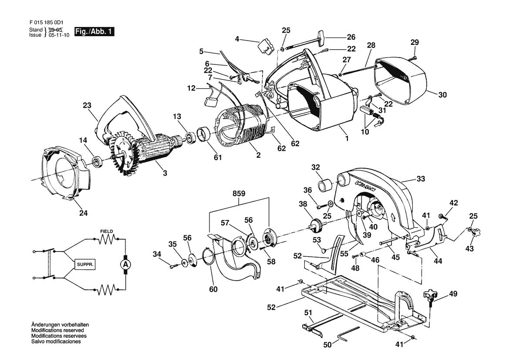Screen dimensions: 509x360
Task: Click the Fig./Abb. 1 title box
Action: point(94,31)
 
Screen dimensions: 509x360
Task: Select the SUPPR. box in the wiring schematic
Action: point(85,265)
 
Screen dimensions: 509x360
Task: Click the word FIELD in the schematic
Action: point(107,231)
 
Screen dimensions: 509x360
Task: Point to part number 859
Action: point(239,194)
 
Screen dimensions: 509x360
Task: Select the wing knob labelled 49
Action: point(430,297)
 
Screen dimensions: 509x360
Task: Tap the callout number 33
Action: point(421,179)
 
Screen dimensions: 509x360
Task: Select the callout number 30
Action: point(442,95)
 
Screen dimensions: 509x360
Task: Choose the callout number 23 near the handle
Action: point(87,105)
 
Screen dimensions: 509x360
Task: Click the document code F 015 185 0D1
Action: point(47,23)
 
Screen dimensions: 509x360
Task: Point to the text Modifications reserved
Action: point(57,330)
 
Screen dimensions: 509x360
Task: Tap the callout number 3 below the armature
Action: point(165,173)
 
